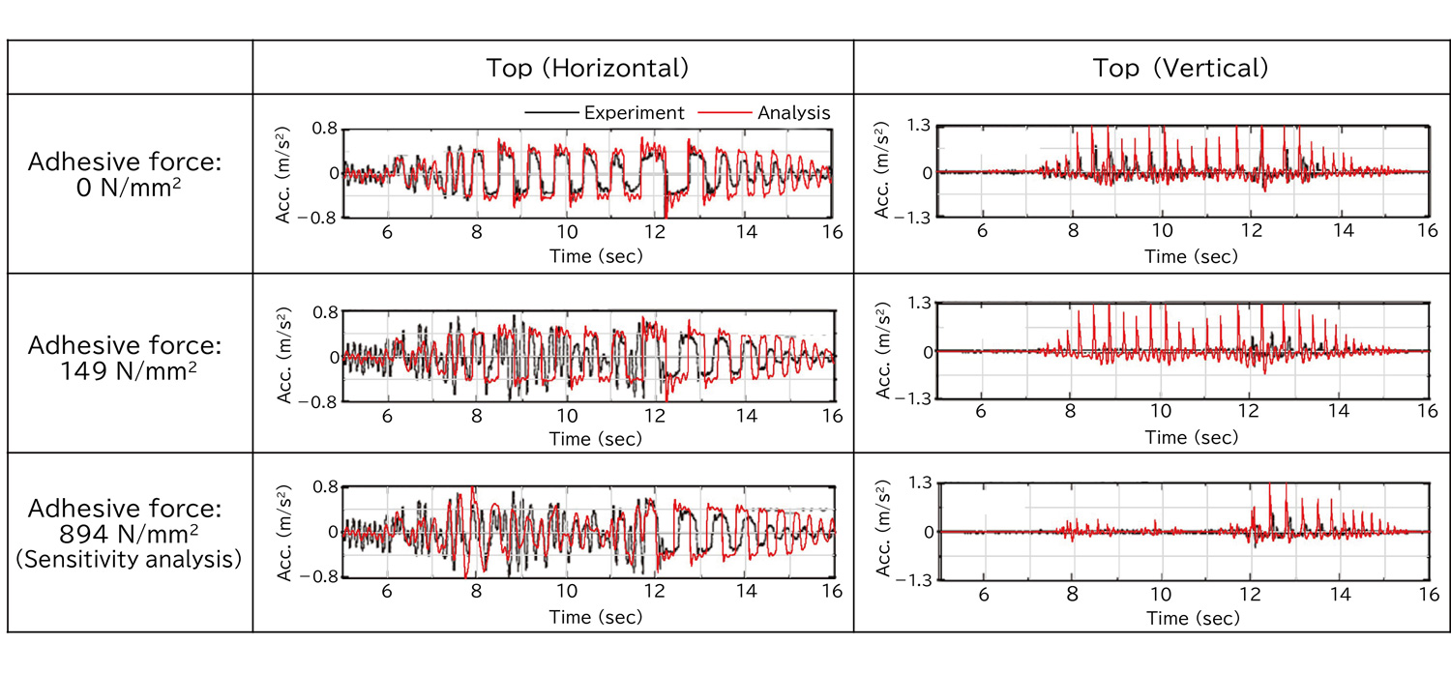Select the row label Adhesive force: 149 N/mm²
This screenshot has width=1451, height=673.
tap(126, 357)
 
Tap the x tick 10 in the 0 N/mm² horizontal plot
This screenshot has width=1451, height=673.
tap(566, 232)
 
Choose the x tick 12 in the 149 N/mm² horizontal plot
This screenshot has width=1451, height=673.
tap(656, 416)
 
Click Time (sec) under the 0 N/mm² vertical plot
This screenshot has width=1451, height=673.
tap(1191, 256)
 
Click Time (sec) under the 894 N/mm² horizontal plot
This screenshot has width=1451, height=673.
tap(595, 617)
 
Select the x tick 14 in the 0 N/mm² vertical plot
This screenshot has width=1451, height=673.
tap(1338, 232)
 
